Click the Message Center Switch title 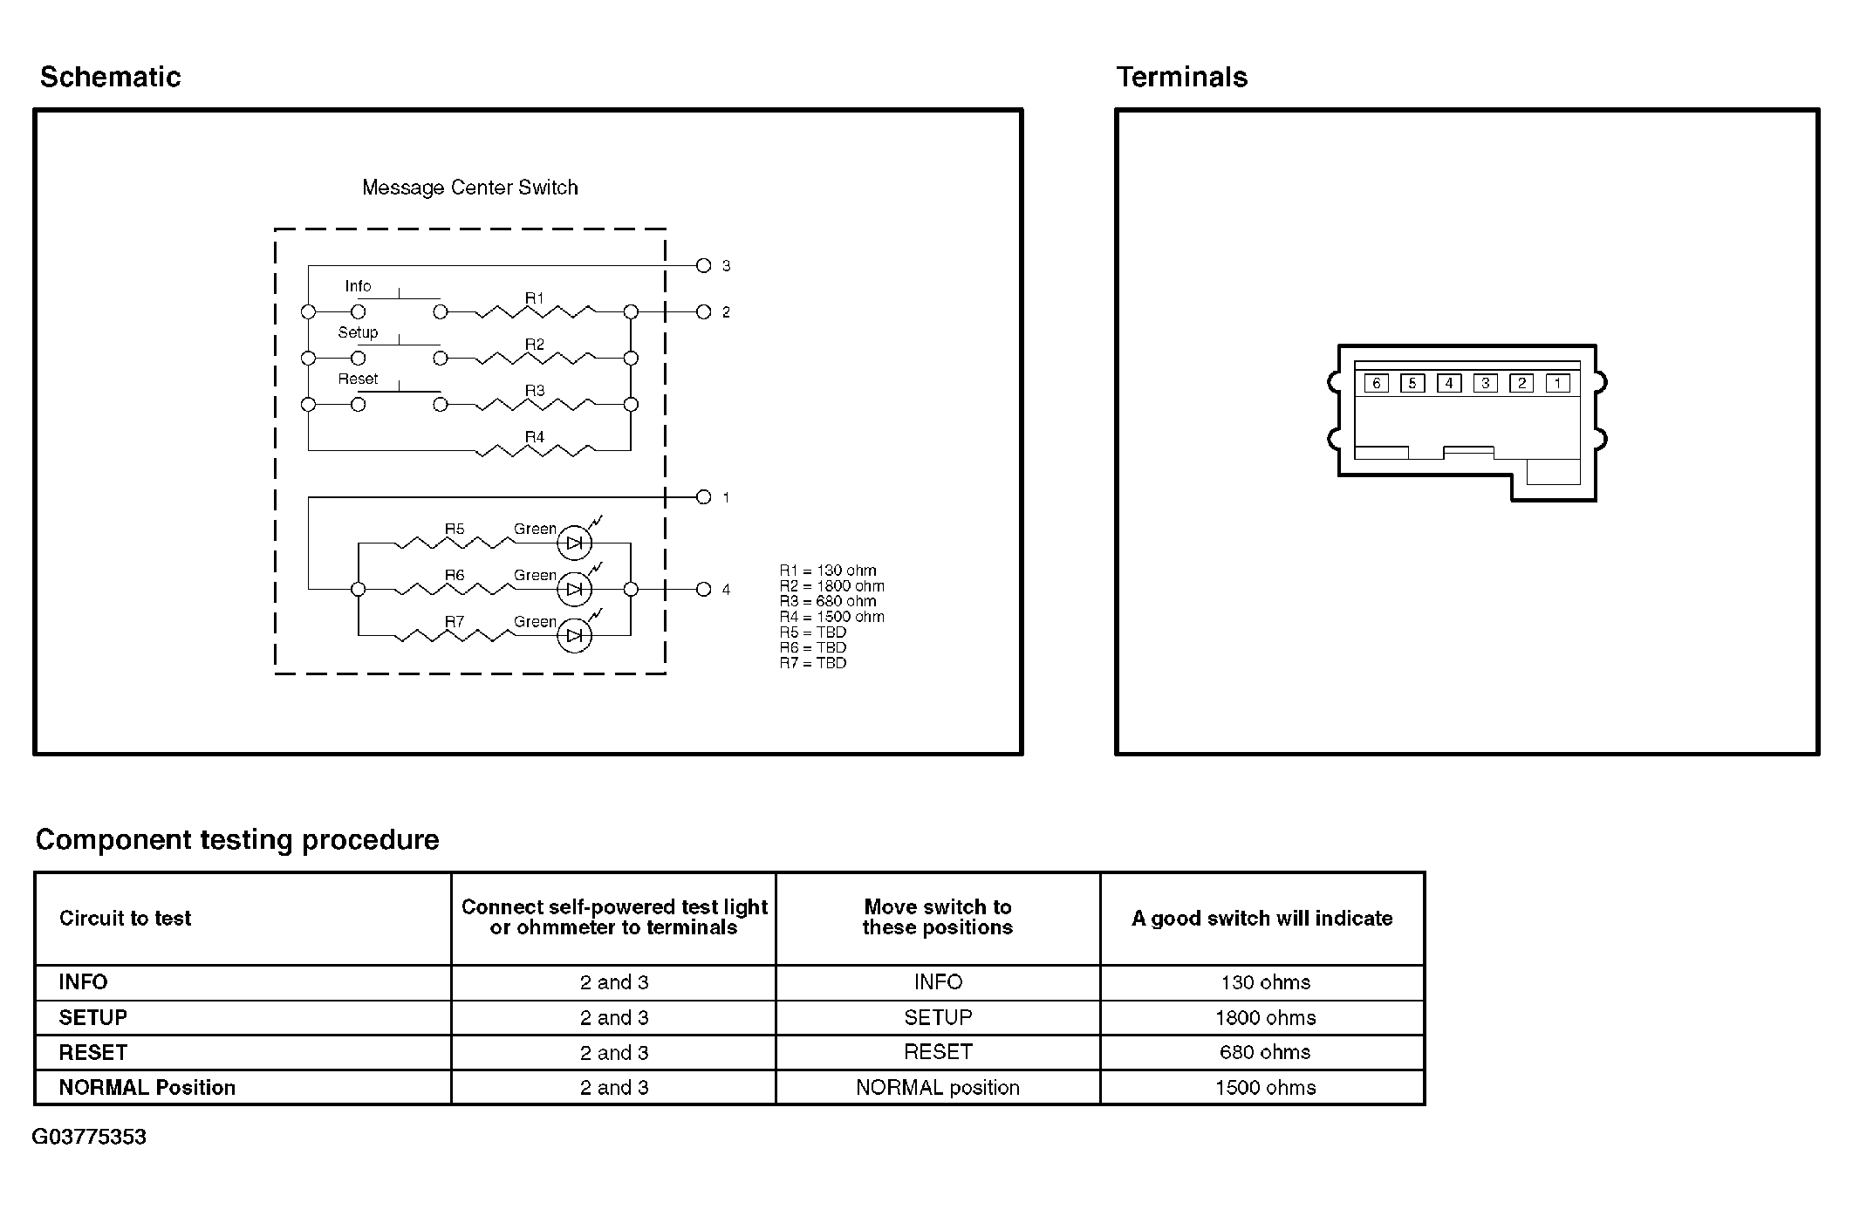469,188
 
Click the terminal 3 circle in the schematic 704,265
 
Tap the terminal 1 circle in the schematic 704,497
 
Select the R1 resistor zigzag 534,311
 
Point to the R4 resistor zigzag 534,450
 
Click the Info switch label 358,286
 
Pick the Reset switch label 358,379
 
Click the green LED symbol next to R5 574,543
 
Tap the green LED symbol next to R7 574,636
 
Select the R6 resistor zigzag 454,590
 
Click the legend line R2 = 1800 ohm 831,586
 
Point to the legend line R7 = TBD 813,663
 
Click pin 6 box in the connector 1376,383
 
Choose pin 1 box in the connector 1557,383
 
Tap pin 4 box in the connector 1449,383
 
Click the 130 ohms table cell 1264,982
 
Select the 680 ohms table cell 1264,1052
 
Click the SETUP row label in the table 93,1017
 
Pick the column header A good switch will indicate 1262,918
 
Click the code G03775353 89,1137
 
